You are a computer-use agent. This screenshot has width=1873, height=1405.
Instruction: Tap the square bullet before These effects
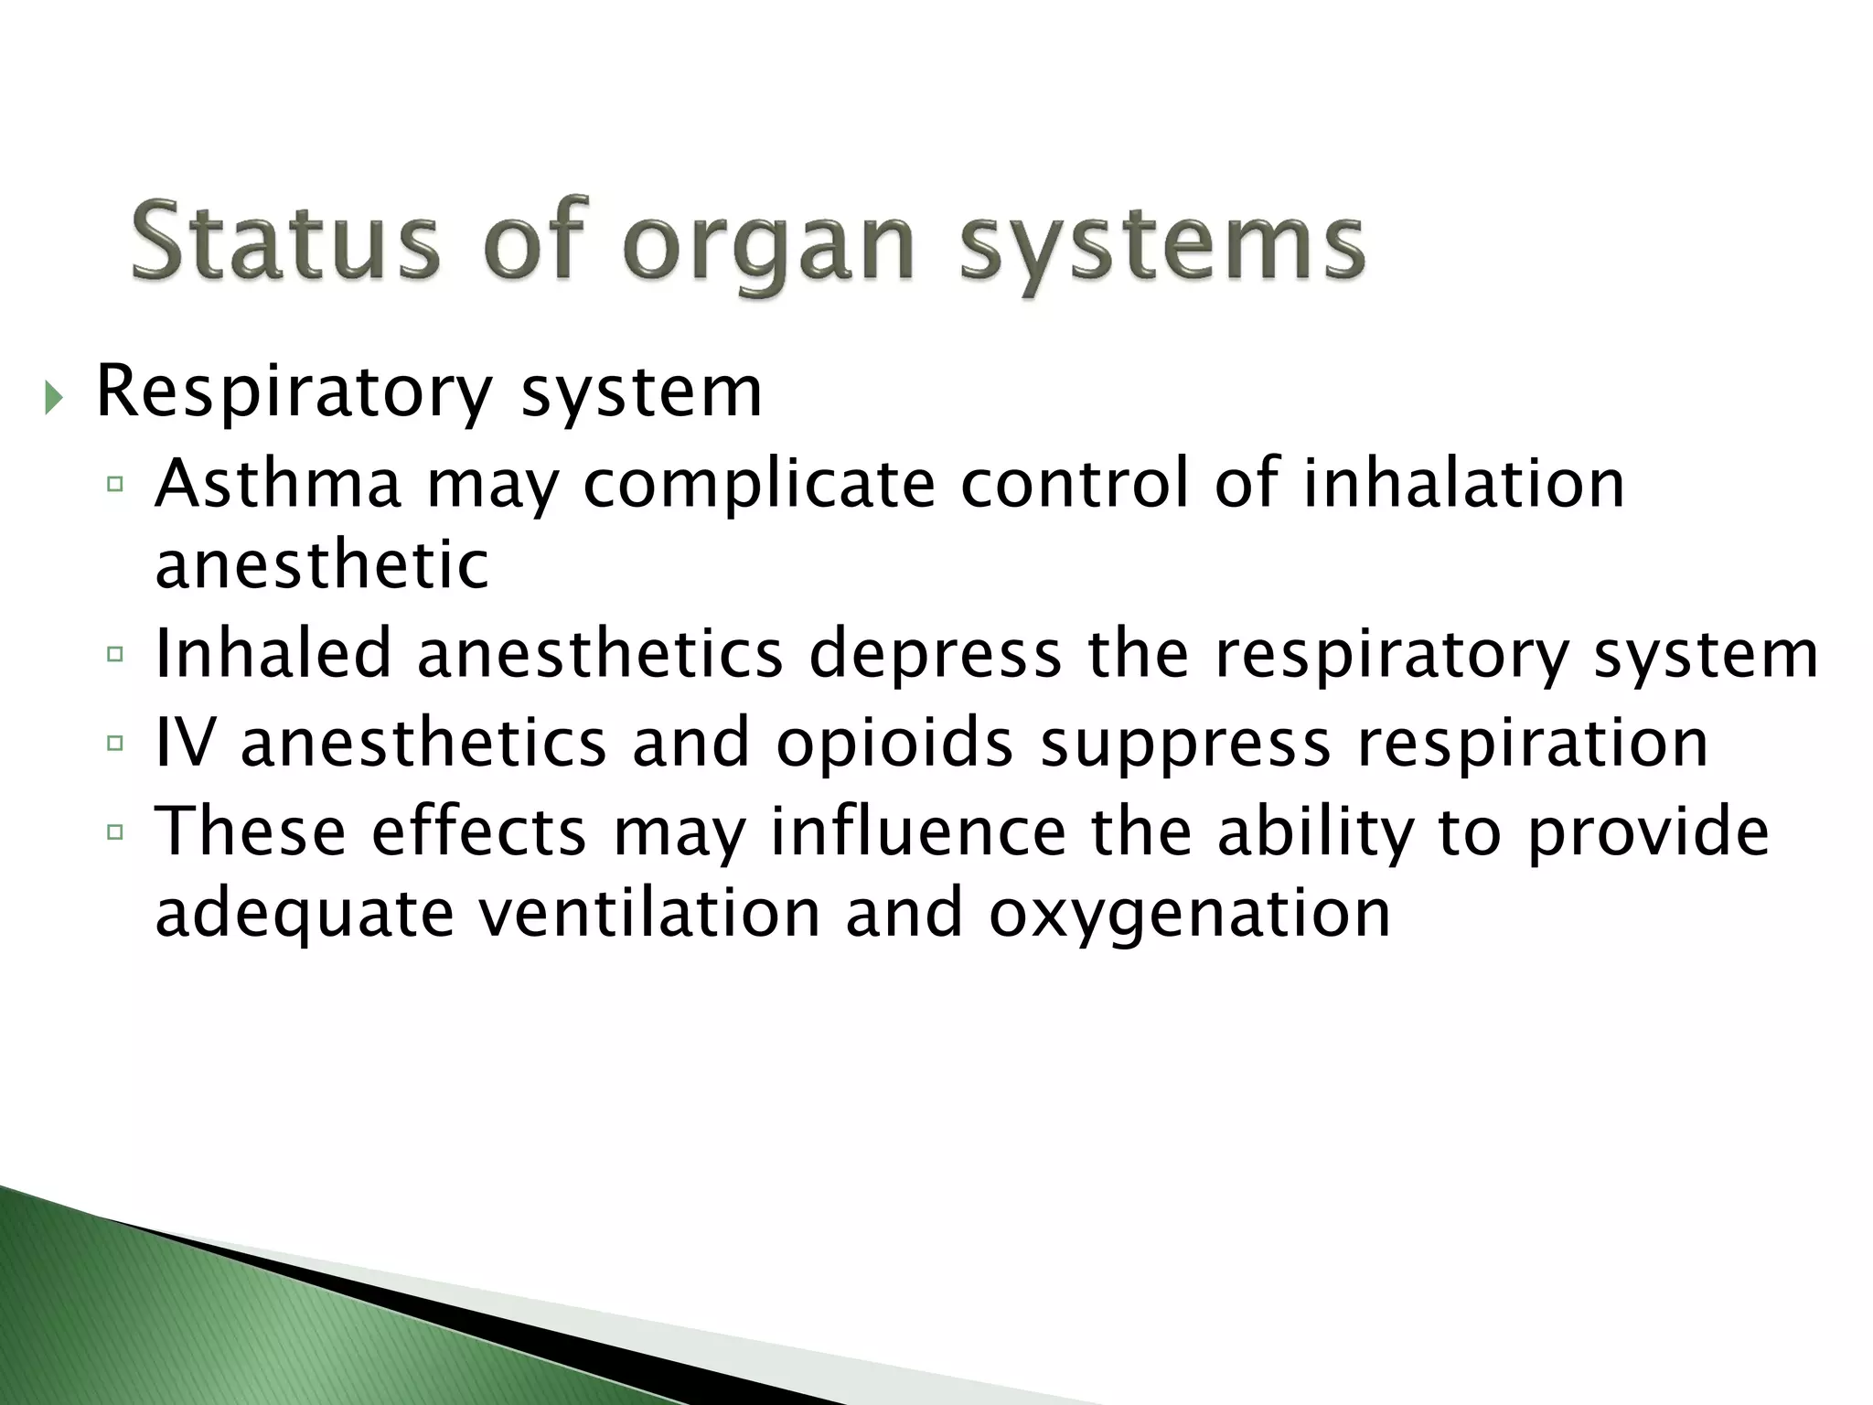[114, 831]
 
